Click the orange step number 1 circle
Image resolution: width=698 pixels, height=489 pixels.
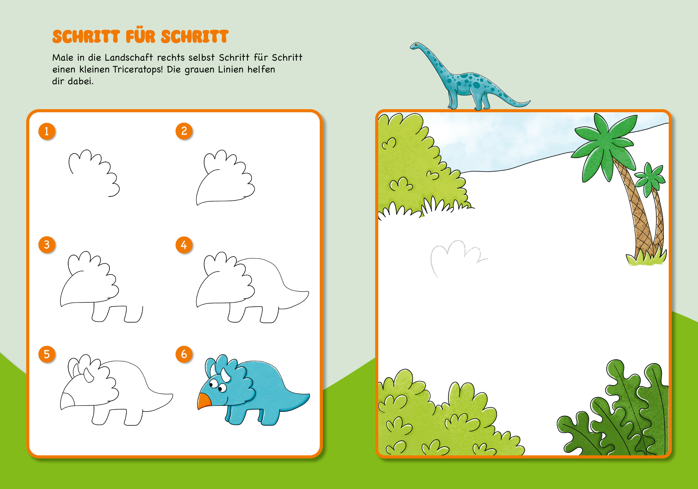(x=47, y=131)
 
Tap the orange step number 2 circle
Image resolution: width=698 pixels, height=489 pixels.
(x=184, y=131)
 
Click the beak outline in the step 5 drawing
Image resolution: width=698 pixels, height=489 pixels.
(x=67, y=401)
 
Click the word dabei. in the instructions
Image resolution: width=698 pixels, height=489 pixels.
(x=81, y=81)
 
